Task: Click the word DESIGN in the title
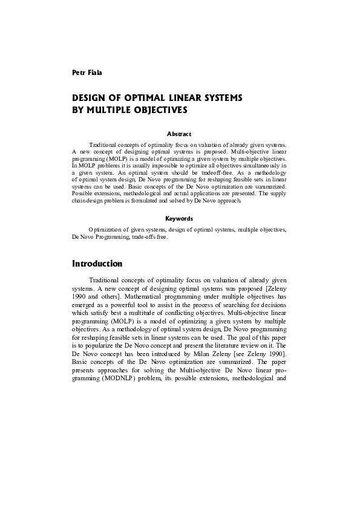coord(89,98)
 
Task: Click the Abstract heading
coord(178,134)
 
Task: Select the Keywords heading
coord(178,218)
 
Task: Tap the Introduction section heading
coord(97,264)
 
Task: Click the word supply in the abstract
coord(275,193)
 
